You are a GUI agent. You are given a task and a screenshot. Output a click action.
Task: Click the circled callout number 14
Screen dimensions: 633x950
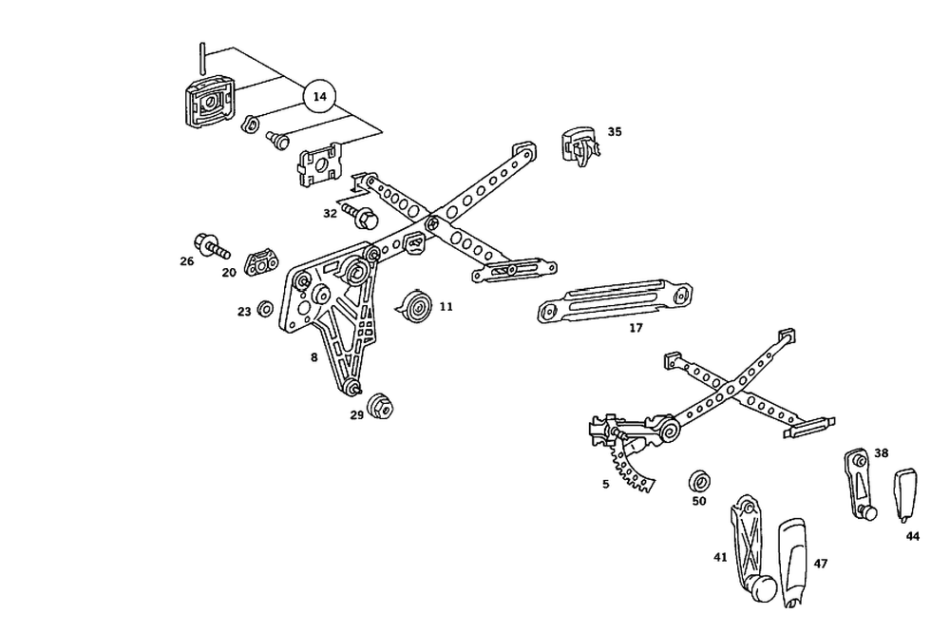click(x=320, y=96)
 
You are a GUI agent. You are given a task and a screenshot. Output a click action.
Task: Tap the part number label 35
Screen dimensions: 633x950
click(x=615, y=132)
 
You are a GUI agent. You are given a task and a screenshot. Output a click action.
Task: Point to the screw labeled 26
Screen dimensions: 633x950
click(x=212, y=245)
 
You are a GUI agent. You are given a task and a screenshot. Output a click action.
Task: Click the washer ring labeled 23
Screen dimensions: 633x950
click(x=266, y=309)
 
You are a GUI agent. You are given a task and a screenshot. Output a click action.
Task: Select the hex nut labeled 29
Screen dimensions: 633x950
click(x=382, y=405)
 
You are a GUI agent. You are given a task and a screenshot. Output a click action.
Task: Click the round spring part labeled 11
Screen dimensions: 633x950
click(x=413, y=307)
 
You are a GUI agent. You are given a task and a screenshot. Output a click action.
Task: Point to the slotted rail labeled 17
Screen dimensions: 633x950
click(x=613, y=300)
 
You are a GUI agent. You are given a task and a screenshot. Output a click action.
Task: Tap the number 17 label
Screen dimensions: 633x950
click(x=636, y=328)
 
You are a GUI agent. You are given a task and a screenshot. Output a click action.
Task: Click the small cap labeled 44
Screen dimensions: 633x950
click(x=904, y=491)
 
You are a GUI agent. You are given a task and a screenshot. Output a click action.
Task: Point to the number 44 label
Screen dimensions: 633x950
click(x=912, y=536)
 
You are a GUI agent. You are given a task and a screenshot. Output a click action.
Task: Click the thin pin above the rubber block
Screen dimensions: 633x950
click(x=202, y=59)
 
